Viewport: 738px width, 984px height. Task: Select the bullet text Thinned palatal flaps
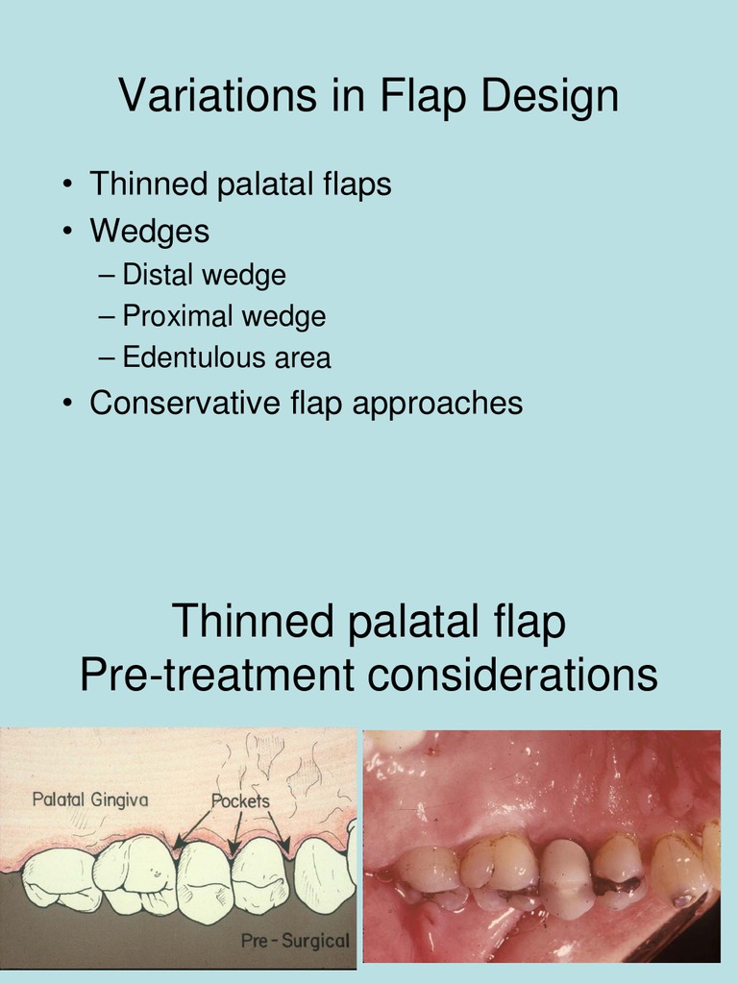(x=240, y=184)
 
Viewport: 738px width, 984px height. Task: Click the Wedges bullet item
(x=149, y=231)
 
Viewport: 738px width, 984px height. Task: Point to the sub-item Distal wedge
(x=204, y=275)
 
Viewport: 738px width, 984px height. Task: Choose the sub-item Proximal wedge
(x=224, y=316)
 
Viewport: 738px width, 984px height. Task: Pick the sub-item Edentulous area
(x=227, y=357)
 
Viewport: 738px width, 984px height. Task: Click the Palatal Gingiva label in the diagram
(x=90, y=799)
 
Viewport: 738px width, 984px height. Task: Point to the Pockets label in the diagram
(x=240, y=799)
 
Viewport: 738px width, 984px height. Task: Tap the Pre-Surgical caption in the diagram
(x=295, y=941)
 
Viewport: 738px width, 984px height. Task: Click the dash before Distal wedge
(x=106, y=276)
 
